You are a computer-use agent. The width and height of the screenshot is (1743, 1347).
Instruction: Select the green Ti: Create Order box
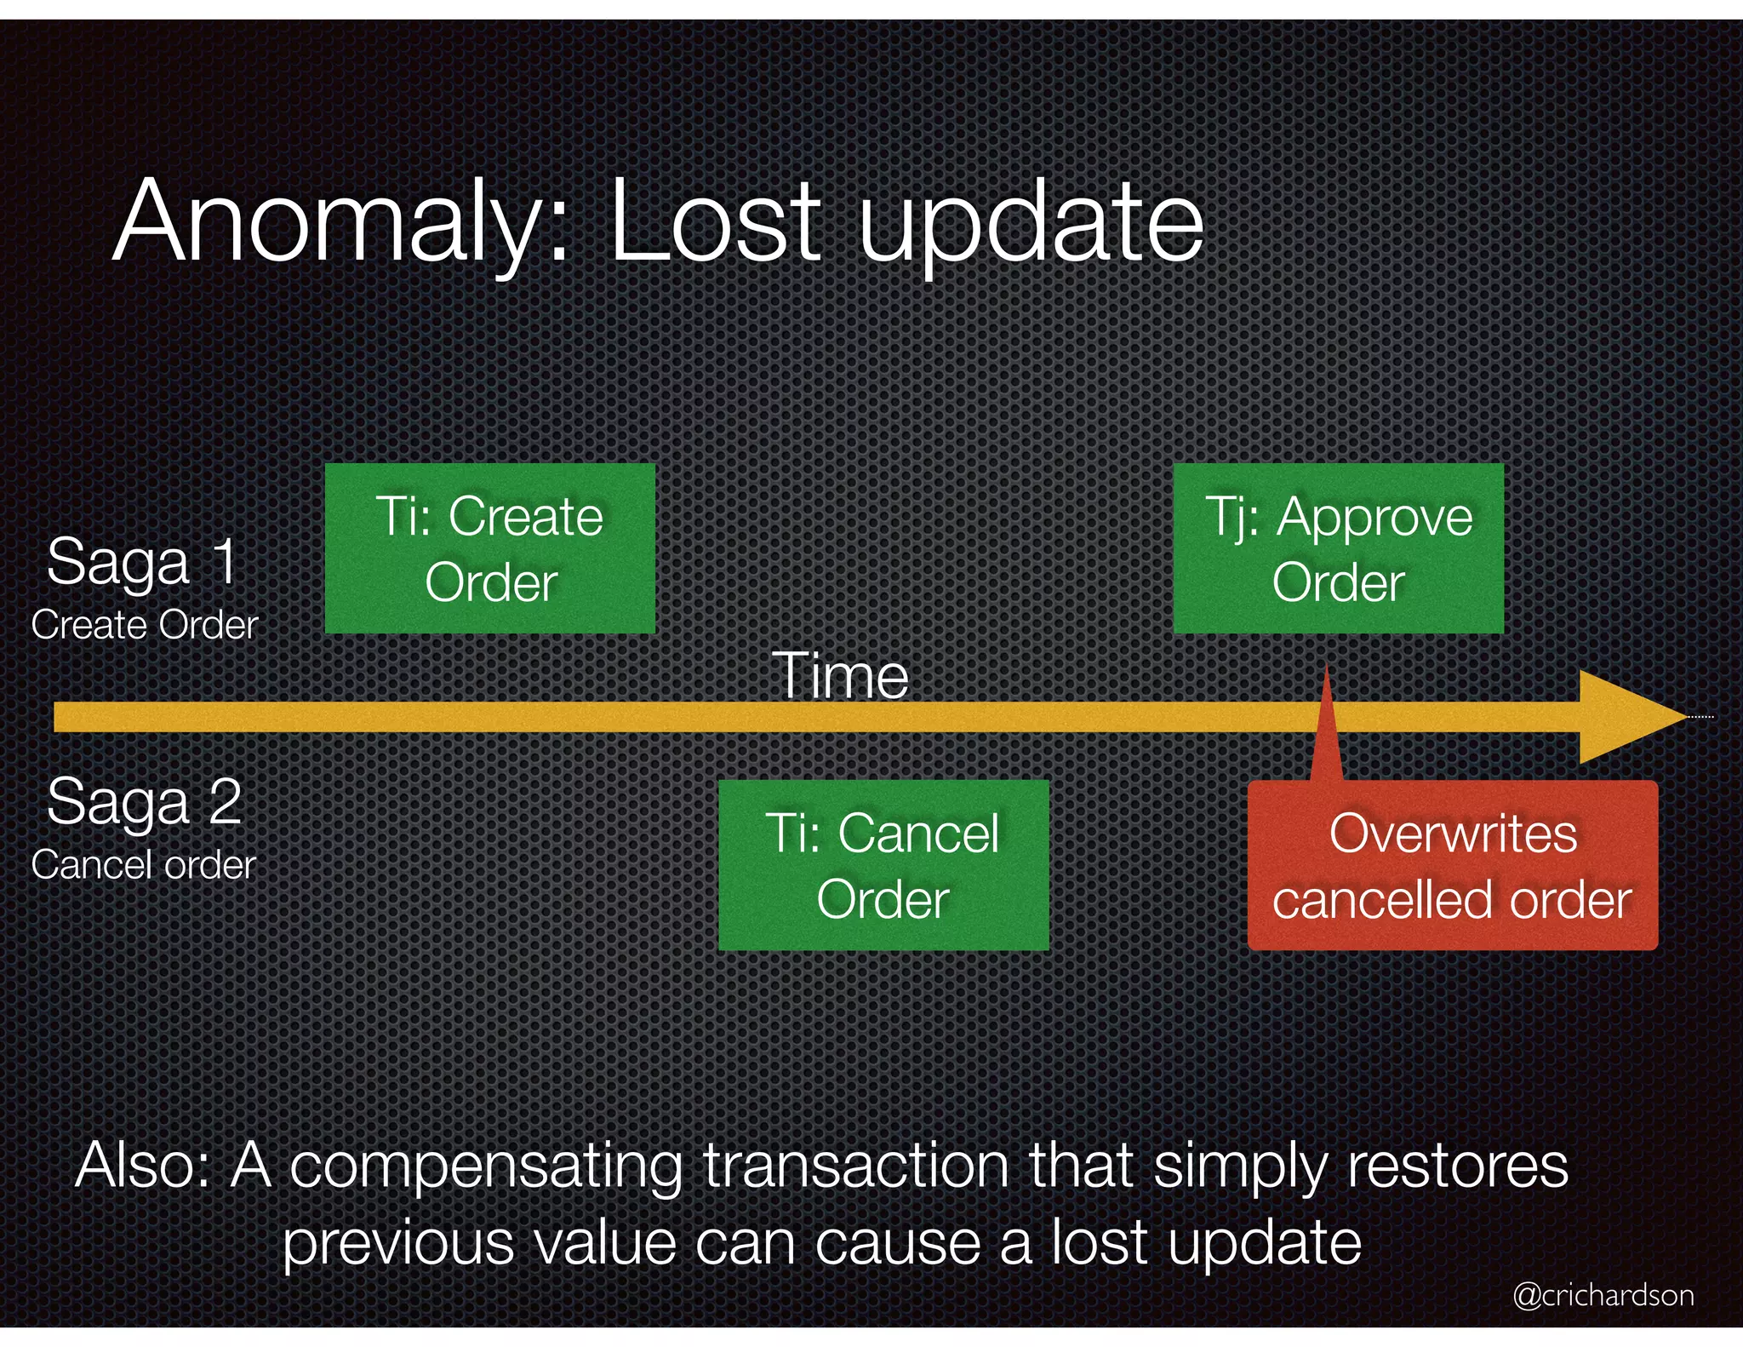click(490, 548)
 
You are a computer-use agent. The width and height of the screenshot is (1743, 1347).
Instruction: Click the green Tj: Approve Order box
click(1338, 548)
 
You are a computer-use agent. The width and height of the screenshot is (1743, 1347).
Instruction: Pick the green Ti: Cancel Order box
click(883, 865)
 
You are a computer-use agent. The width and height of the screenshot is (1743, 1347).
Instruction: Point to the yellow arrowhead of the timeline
click(1630, 717)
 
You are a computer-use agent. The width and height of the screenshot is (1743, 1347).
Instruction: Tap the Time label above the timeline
click(840, 676)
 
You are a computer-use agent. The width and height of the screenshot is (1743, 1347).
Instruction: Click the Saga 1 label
click(142, 562)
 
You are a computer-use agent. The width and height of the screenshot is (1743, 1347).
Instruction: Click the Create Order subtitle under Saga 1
click(144, 625)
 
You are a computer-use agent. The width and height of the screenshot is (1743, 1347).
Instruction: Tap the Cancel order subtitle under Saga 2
click(143, 865)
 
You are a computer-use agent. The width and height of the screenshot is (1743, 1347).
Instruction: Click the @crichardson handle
click(1603, 1295)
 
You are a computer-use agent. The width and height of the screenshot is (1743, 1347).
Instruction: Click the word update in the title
click(1031, 223)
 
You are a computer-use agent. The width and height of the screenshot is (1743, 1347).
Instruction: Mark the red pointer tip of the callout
click(1327, 673)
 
